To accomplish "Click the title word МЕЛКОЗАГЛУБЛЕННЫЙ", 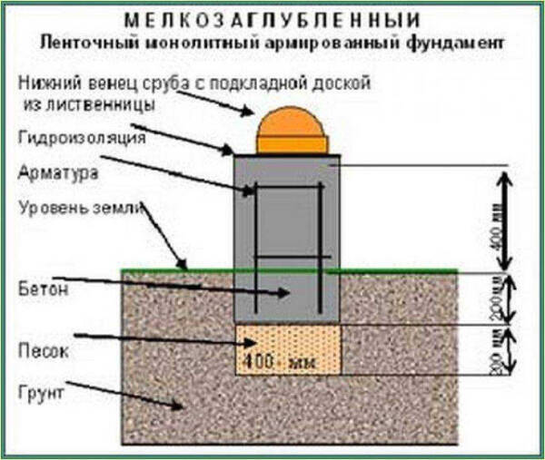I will click(x=273, y=19).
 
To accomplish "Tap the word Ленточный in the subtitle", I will click(x=77, y=42).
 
